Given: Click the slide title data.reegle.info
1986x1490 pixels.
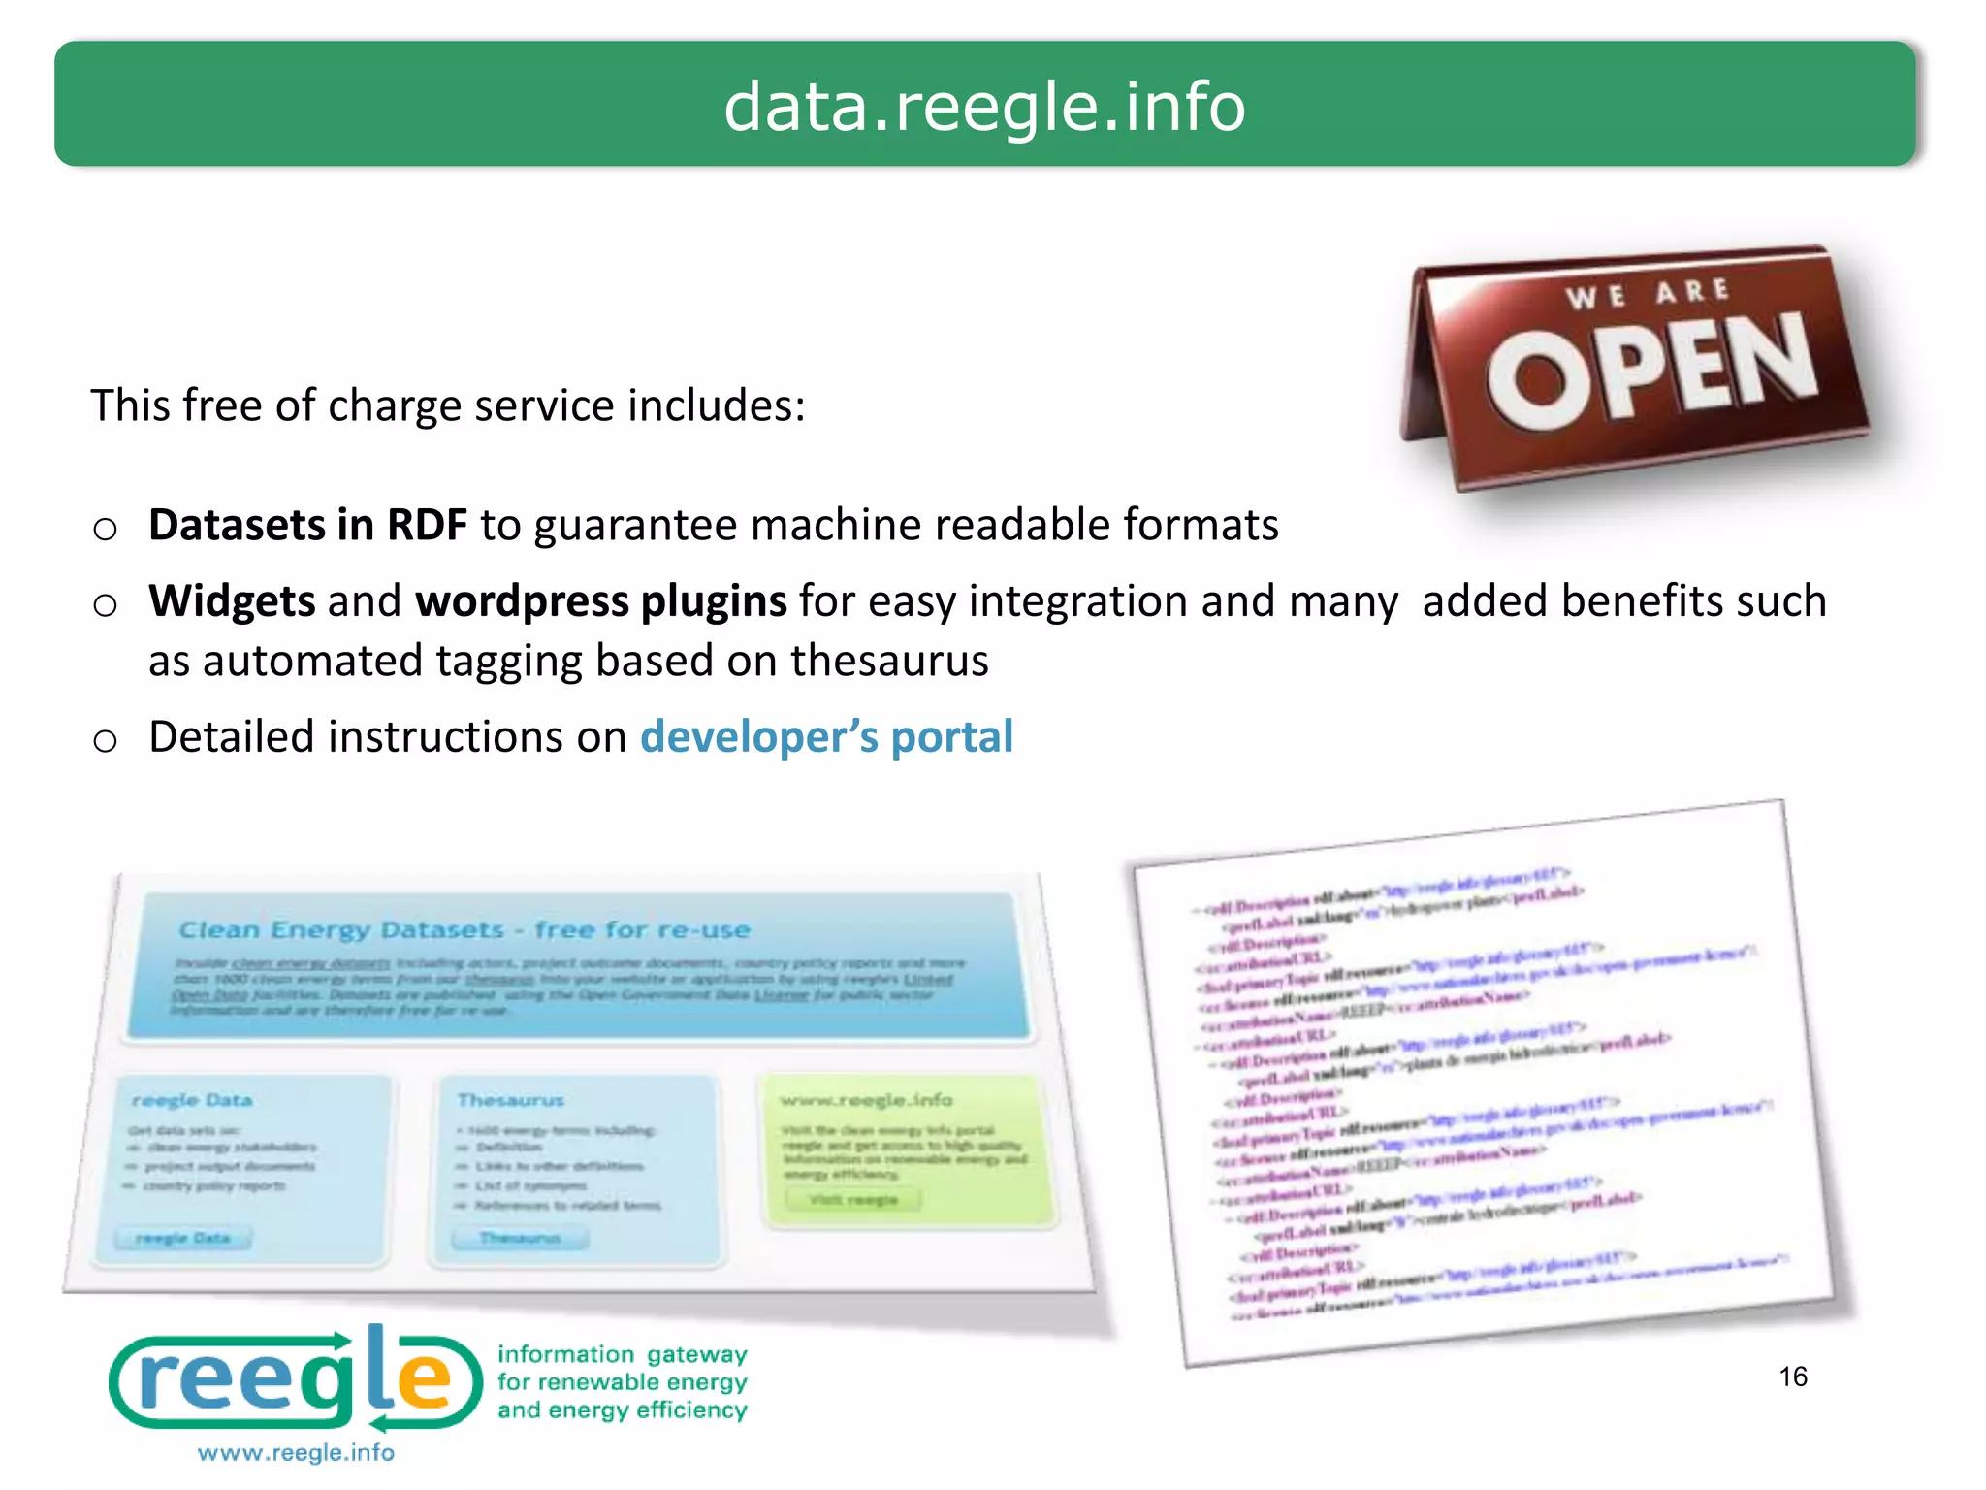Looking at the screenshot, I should (x=984, y=107).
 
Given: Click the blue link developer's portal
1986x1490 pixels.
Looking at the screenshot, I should (x=826, y=737).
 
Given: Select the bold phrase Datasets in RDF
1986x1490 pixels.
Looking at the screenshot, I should (x=307, y=525).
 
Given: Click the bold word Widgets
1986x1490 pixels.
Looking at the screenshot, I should (x=232, y=601).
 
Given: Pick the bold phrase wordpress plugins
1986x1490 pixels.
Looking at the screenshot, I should (x=600, y=601).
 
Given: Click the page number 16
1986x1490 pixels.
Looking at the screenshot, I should (x=1793, y=1377).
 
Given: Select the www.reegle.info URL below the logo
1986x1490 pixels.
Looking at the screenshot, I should (x=296, y=1452).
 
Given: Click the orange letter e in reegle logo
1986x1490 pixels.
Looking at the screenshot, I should (x=425, y=1377).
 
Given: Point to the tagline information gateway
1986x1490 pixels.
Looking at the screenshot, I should (x=622, y=1354).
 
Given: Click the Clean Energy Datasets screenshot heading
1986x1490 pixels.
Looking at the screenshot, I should (x=464, y=929).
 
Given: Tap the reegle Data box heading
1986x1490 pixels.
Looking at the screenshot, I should (x=192, y=1100).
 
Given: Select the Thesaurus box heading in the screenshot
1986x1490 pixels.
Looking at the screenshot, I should (x=510, y=1100).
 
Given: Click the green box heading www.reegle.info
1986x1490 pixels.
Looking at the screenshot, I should (x=866, y=1100).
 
